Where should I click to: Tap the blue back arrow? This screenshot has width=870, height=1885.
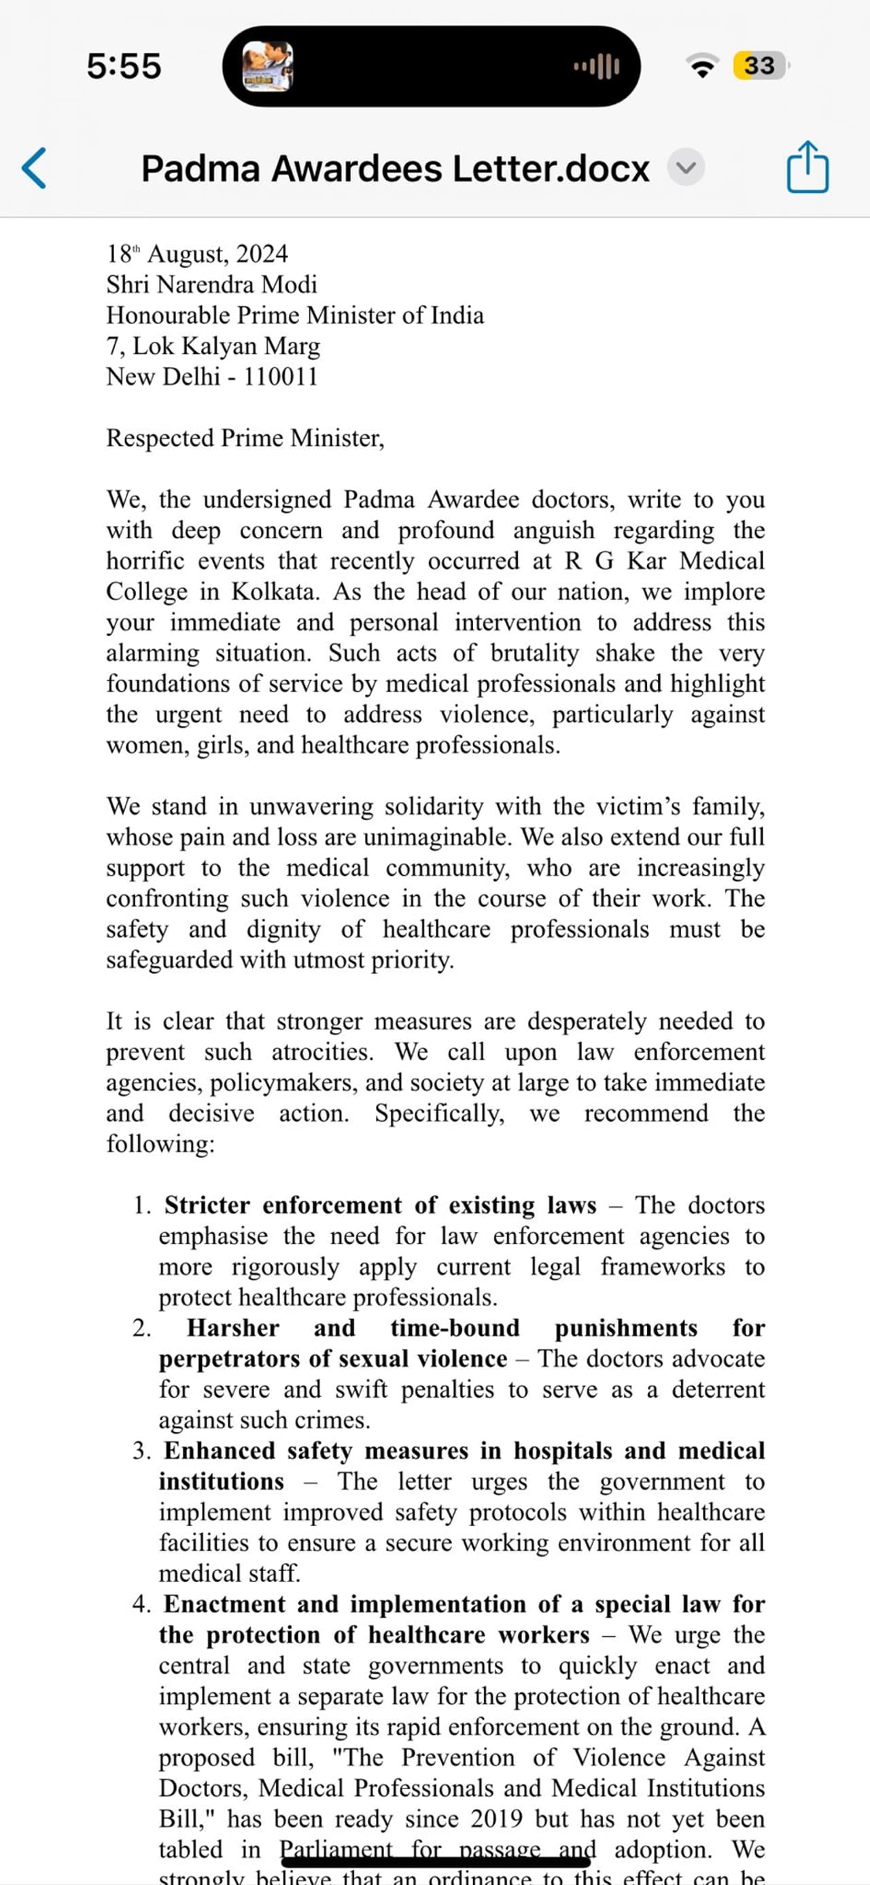tap(35, 169)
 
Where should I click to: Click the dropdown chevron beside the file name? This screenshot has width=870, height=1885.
tap(686, 168)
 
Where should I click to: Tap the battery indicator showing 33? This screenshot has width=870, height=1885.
tap(759, 66)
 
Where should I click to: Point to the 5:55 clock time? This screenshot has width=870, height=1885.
tap(124, 66)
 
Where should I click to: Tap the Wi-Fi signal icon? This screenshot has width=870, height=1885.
tap(702, 66)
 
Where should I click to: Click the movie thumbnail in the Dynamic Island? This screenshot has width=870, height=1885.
tap(268, 66)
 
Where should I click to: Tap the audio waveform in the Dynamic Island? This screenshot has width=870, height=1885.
tap(596, 67)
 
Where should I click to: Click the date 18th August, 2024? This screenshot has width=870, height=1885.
tap(197, 254)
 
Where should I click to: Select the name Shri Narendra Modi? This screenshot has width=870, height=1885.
tap(211, 284)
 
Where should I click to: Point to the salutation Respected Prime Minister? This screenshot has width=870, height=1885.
tap(245, 438)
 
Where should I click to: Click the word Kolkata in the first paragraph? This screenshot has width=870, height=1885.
tap(275, 591)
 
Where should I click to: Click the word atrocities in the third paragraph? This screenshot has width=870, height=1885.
tap(322, 1053)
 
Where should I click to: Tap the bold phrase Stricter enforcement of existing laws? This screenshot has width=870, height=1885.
tap(380, 1205)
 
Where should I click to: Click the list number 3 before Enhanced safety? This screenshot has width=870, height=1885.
tap(141, 1451)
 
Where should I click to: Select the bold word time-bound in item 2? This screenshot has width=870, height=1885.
tap(455, 1328)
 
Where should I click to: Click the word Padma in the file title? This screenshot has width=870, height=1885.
tap(201, 169)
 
